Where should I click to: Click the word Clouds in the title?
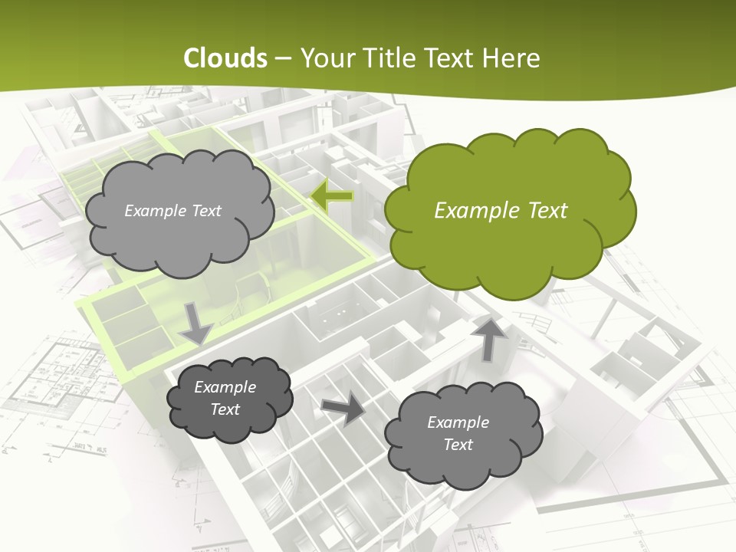click(225, 58)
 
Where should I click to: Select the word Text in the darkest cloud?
click(225, 409)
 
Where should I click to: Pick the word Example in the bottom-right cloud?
click(458, 422)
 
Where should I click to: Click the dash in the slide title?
click(282, 58)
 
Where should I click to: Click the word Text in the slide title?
click(451, 58)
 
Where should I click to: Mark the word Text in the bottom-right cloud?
click(458, 445)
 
